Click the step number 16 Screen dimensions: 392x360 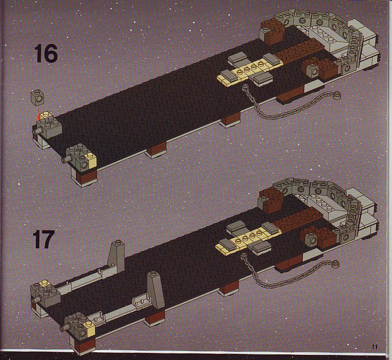[46, 54]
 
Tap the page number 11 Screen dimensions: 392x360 [374, 347]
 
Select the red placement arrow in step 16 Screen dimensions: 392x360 [38, 112]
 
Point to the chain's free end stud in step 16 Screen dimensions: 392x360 [337, 95]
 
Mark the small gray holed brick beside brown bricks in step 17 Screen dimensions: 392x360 [311, 239]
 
